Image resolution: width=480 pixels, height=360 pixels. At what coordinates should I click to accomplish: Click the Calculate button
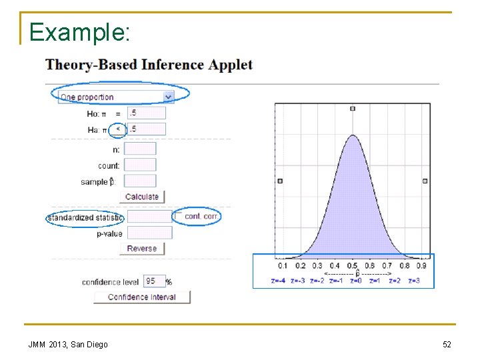click(142, 197)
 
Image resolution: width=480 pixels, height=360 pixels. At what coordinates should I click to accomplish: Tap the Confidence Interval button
click(142, 297)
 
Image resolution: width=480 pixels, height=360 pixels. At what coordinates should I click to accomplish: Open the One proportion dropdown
click(117, 97)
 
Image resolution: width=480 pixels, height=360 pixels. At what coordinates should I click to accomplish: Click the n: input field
click(140, 149)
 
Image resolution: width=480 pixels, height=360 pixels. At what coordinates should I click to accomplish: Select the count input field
click(140, 165)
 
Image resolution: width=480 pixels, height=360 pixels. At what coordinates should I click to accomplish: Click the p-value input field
click(149, 233)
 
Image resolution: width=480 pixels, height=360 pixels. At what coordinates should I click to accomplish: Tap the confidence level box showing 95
click(153, 281)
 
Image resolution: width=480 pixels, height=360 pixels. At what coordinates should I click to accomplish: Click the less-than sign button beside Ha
click(118, 129)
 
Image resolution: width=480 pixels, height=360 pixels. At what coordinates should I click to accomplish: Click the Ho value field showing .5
click(146, 113)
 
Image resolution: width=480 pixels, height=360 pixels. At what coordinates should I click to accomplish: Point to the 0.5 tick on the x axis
click(352, 265)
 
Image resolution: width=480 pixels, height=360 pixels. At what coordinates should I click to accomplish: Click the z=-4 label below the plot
click(278, 281)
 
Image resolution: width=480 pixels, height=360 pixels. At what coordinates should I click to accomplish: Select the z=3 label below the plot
click(414, 281)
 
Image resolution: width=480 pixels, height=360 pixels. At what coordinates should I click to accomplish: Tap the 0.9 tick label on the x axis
click(421, 265)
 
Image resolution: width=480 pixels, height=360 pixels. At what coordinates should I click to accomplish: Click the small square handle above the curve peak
click(353, 109)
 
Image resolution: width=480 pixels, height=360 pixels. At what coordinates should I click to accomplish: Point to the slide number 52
click(447, 344)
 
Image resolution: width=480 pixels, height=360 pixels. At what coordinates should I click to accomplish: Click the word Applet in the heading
click(231, 65)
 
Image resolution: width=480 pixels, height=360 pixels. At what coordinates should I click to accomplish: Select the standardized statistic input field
click(149, 217)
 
